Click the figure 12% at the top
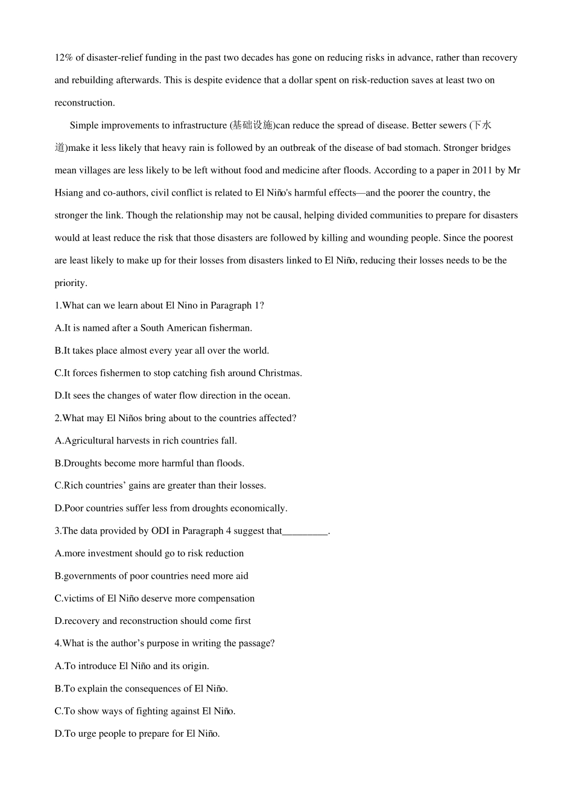click(64, 58)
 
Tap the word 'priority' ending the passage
click(70, 283)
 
